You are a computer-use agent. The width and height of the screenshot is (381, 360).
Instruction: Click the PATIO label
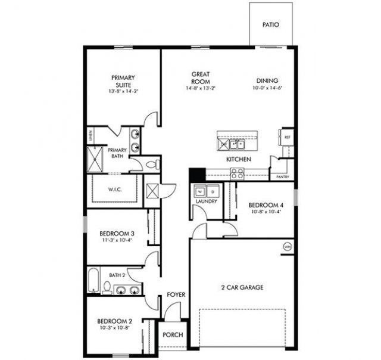271,26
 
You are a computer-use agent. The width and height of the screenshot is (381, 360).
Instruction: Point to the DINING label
267,81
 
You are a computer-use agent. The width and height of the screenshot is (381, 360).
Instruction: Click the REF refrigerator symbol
287,137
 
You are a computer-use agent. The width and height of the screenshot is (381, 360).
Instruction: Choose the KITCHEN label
238,160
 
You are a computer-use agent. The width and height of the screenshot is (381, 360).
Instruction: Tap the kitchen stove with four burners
237,173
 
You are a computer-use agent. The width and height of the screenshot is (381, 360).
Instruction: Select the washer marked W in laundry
200,191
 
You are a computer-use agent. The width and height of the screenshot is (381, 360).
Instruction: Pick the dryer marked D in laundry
213,191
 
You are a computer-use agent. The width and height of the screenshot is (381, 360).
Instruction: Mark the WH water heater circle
288,246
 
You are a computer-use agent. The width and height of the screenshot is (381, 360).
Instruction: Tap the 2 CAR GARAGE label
242,287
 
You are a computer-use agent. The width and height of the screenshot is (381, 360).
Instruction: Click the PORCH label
173,335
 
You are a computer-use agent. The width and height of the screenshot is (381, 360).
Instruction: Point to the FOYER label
175,294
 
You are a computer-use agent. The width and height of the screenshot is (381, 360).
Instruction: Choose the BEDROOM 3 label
117,233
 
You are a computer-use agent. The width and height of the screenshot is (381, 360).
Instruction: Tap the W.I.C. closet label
115,190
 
